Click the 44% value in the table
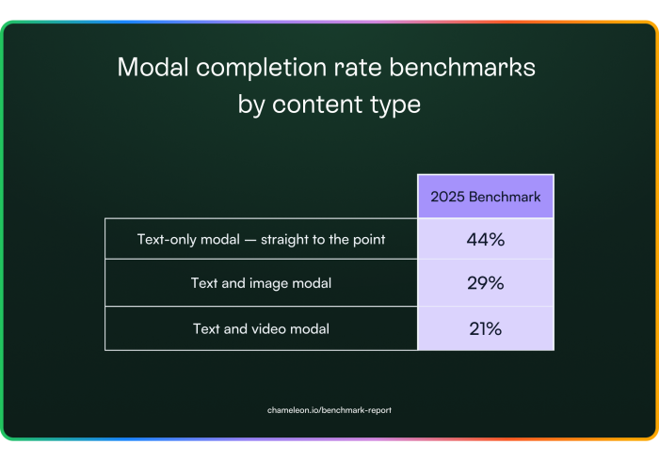(486, 239)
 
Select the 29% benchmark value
(486, 283)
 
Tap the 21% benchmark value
(486, 328)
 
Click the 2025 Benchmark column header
(486, 197)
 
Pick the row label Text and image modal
(261, 283)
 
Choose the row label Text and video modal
(261, 328)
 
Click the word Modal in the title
(153, 67)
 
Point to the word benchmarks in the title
(462, 67)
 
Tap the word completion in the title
(262, 68)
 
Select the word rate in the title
(358, 68)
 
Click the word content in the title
(317, 104)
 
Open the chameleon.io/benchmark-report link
(329, 410)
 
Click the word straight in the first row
(284, 240)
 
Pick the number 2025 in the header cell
(447, 197)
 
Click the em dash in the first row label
(250, 240)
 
